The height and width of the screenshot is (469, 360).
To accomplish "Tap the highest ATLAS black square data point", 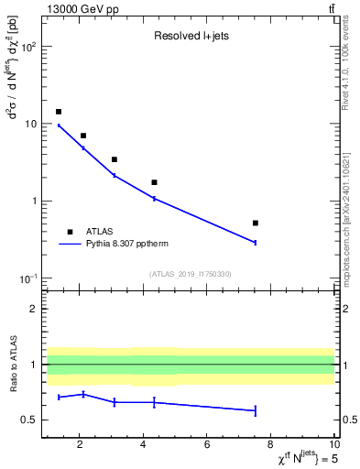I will pyautogui.click(x=59, y=112).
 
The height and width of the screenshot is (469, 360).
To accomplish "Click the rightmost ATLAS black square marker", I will pyautogui.click(x=256, y=223).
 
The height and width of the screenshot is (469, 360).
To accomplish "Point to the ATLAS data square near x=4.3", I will pyautogui.click(x=154, y=182).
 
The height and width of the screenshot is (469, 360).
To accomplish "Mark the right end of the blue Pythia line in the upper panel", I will pyautogui.click(x=256, y=242).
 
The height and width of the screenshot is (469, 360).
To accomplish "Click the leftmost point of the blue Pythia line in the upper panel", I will pyautogui.click(x=59, y=125).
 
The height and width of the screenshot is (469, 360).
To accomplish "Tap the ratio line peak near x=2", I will pyautogui.click(x=83, y=394).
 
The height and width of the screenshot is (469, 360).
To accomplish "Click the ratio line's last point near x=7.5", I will pyautogui.click(x=256, y=410).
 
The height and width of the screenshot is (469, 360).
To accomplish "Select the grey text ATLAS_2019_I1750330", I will pyautogui.click(x=190, y=274).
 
